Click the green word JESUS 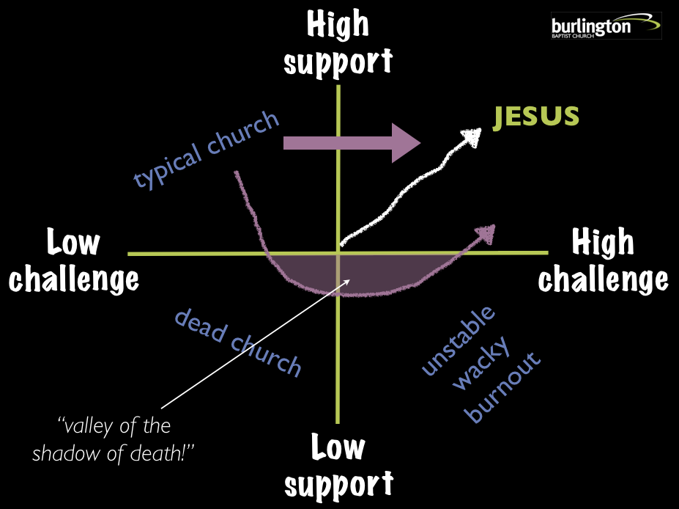[x=536, y=117]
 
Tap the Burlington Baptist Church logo [x=606, y=26]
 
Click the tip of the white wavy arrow [x=476, y=133]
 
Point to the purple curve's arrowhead [x=486, y=232]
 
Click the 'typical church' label [x=207, y=150]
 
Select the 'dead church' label [x=237, y=343]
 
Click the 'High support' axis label [x=338, y=44]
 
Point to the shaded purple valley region [x=330, y=271]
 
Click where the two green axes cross [x=338, y=252]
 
